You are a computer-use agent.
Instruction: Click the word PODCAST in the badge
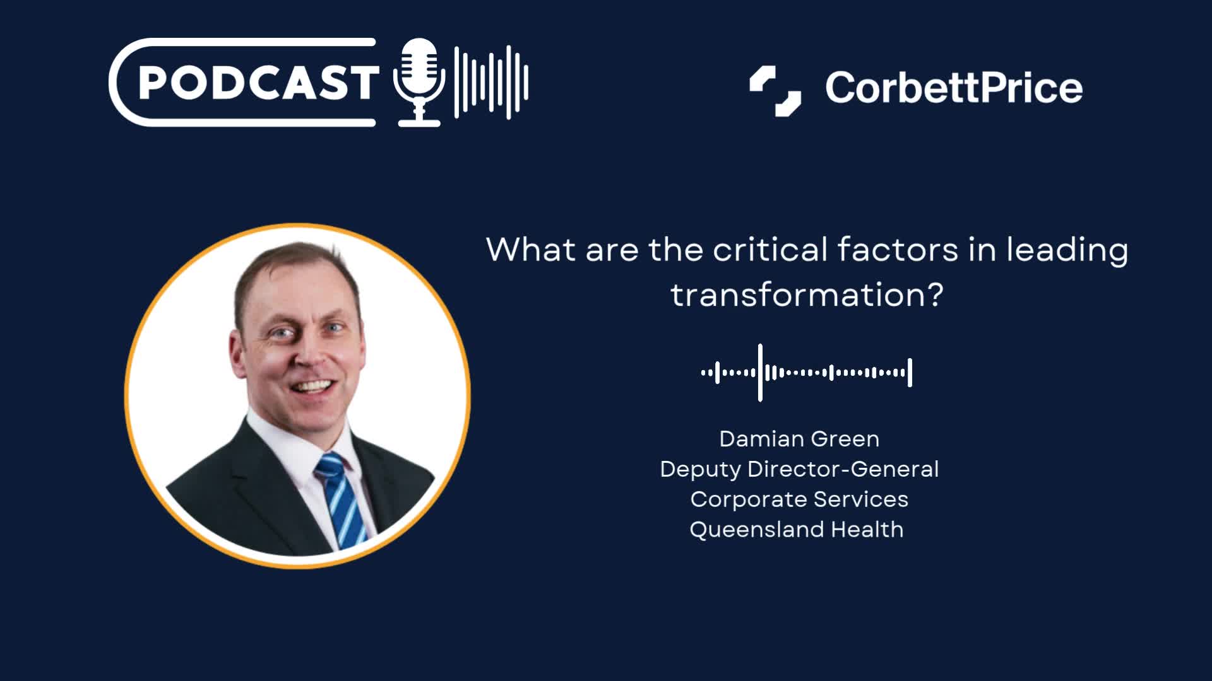pyautogui.click(x=258, y=83)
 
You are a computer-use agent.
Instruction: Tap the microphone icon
pyautogui.click(x=419, y=83)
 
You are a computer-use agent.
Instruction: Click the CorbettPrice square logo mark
pyautogui.click(x=775, y=91)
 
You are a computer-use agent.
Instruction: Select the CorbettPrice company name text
pyautogui.click(x=954, y=88)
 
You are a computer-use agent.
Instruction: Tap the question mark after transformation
pyautogui.click(x=932, y=294)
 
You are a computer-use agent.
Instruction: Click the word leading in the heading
pyautogui.click(x=1067, y=251)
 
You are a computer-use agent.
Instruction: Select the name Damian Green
pyautogui.click(x=799, y=439)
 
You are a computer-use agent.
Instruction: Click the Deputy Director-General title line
pyautogui.click(x=799, y=469)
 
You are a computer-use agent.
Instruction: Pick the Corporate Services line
pyautogui.click(x=799, y=499)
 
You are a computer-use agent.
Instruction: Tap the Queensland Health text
pyautogui.click(x=797, y=530)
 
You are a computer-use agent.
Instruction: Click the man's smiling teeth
pyautogui.click(x=312, y=385)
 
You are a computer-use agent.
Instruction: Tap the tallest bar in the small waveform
pyautogui.click(x=760, y=373)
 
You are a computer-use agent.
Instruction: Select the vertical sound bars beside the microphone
pyautogui.click(x=491, y=82)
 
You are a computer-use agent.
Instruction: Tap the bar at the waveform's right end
pyautogui.click(x=910, y=373)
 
